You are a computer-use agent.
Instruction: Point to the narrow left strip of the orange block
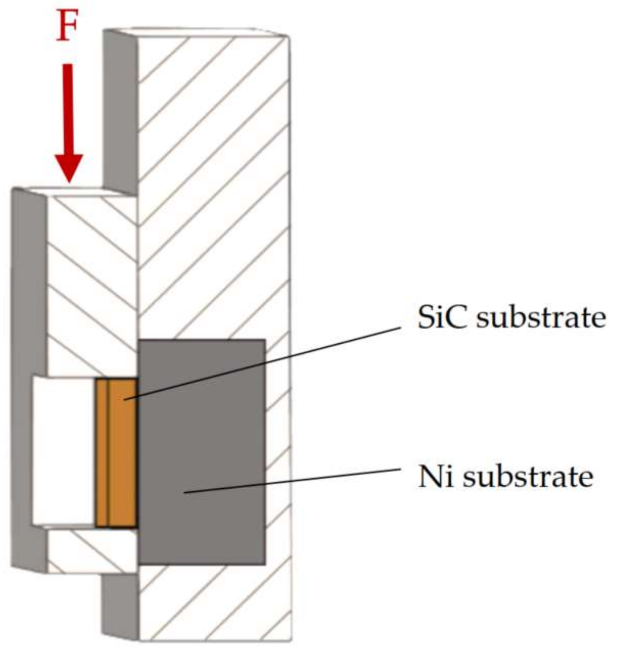(x=101, y=453)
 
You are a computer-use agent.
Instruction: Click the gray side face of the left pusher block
(x=29, y=378)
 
